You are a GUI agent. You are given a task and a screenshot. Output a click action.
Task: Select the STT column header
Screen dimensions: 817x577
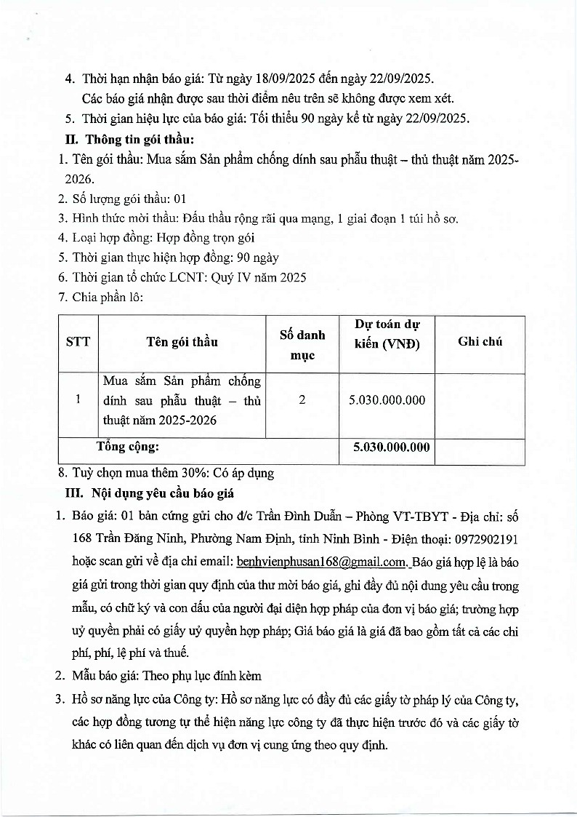coord(78,341)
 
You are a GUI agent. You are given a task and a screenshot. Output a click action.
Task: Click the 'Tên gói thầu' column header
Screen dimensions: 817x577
coord(182,341)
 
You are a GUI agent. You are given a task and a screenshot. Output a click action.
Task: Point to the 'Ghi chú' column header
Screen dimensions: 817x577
coord(480,341)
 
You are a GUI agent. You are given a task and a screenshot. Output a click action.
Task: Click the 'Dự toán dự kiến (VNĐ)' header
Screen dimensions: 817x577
coord(387,334)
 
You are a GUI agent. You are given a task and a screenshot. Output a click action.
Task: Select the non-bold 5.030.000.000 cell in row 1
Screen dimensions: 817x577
coord(387,400)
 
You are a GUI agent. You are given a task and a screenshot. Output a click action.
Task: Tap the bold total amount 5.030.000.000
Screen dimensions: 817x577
coord(392,447)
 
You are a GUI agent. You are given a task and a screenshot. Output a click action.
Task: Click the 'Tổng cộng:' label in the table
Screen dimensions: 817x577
coord(128,447)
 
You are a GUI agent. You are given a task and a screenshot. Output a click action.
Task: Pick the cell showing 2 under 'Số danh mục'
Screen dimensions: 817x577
coord(302,400)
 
